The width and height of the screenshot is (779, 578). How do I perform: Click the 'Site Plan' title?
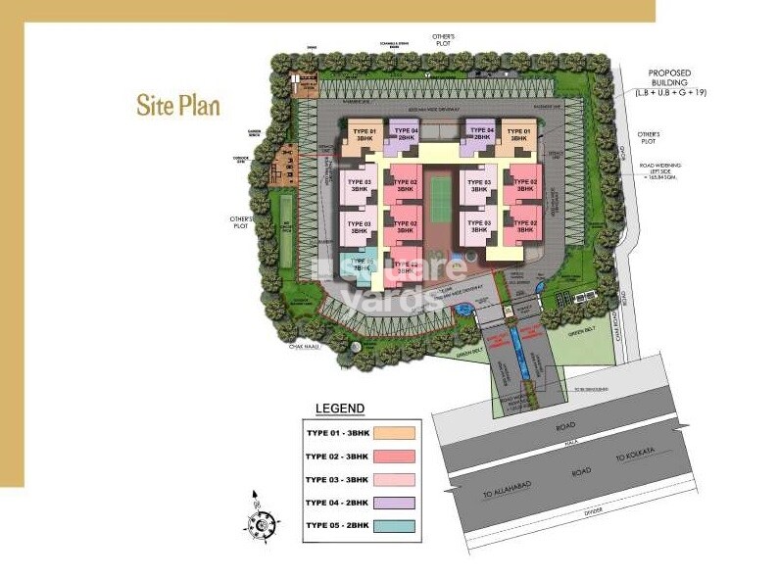[x=178, y=104]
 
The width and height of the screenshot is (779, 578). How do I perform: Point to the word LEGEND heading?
[x=339, y=409]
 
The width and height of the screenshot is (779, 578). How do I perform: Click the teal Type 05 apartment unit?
[x=358, y=265]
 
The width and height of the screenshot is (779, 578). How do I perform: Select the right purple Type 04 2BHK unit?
[x=478, y=134]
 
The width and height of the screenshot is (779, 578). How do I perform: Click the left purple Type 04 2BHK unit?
[x=405, y=134]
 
